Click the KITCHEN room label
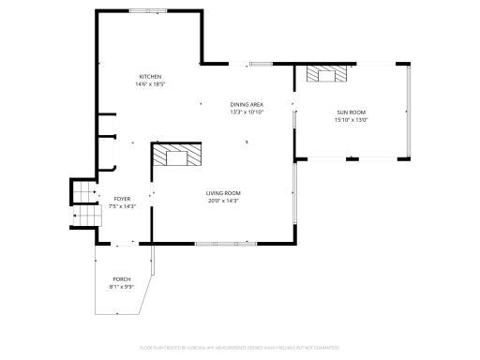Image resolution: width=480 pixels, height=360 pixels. click(x=151, y=76)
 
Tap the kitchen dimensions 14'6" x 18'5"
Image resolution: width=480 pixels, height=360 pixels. click(x=151, y=84)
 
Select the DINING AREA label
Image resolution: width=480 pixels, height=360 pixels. click(x=247, y=104)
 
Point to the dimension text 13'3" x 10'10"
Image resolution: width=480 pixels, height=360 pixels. click(x=247, y=112)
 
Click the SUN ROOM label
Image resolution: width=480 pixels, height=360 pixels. click(x=352, y=112)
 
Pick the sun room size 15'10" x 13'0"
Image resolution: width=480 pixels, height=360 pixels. click(x=352, y=120)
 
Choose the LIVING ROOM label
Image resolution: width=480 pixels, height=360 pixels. click(x=223, y=193)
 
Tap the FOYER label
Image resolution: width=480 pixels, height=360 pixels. click(x=122, y=199)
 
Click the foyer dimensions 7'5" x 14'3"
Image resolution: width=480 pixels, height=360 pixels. click(x=122, y=207)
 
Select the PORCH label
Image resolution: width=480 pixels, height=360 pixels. click(x=121, y=279)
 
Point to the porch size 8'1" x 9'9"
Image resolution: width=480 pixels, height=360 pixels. click(x=121, y=288)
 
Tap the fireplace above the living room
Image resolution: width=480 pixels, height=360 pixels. click(x=177, y=155)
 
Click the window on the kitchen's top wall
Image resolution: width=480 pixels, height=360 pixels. click(x=144, y=12)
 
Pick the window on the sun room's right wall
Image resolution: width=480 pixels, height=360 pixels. click(x=409, y=112)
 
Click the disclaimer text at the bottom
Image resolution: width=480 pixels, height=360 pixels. click(x=240, y=347)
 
